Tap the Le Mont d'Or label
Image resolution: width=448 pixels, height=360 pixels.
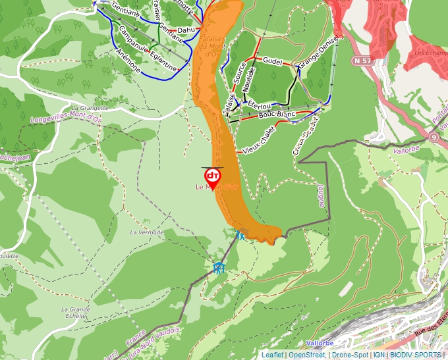point(217,188)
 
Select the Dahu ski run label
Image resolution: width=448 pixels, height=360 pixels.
point(186,30)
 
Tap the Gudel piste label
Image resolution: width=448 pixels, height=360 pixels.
point(272,61)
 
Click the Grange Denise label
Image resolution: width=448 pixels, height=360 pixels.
point(318,52)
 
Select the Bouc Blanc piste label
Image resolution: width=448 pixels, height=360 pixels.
point(276,115)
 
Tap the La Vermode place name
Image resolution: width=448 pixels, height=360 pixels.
point(146,232)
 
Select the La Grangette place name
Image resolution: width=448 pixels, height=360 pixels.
point(89,107)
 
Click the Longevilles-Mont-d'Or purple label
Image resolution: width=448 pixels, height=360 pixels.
point(65,120)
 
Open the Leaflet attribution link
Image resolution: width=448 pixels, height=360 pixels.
point(271,355)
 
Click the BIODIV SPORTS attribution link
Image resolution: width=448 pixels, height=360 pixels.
point(416,355)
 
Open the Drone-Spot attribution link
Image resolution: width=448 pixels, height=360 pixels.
point(350,355)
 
